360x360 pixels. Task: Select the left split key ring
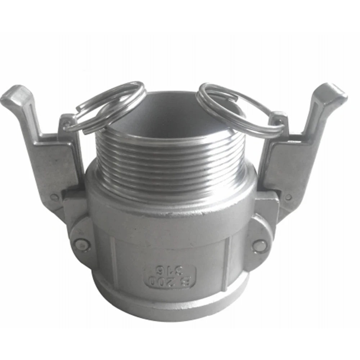click(108, 106)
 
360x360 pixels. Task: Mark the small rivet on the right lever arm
click(288, 197)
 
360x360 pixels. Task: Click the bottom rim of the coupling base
click(169, 313)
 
